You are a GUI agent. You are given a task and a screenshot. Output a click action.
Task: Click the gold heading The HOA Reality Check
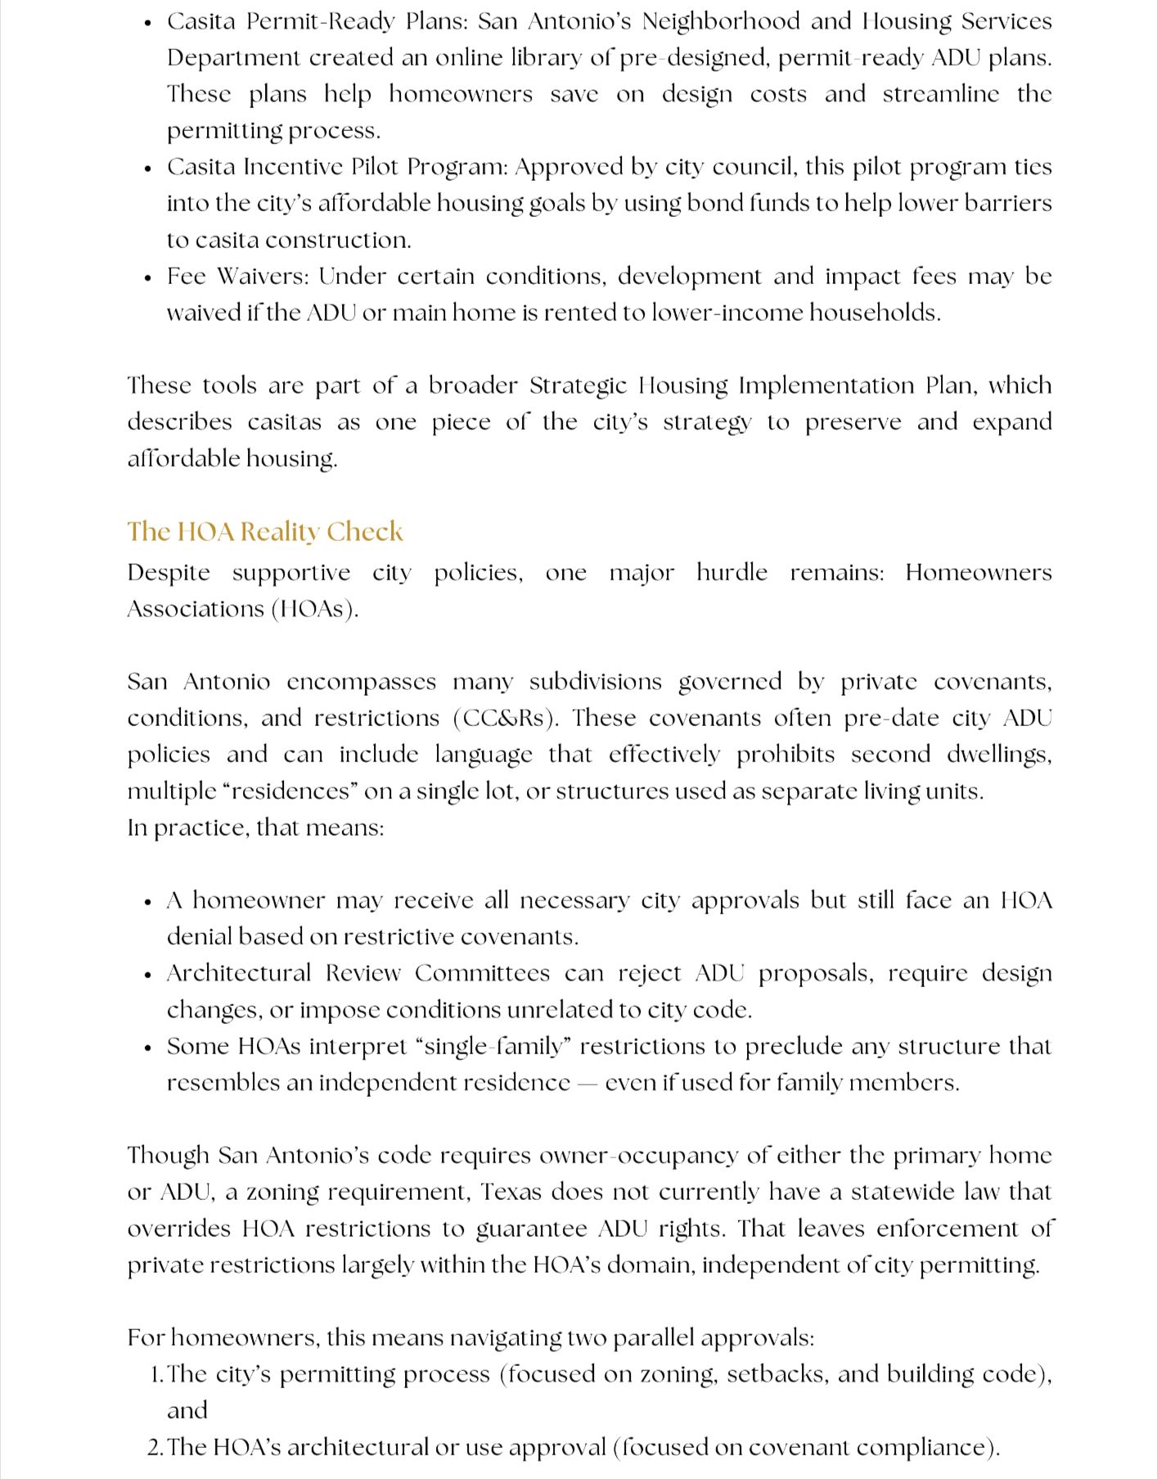(x=264, y=532)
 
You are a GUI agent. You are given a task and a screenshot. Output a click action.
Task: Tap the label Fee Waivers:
(x=238, y=276)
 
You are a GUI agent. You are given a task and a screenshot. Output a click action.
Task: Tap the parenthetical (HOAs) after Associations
(x=315, y=609)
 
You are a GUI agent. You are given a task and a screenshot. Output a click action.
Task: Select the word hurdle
(x=732, y=572)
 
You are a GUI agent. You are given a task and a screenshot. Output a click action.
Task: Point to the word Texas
(x=511, y=1192)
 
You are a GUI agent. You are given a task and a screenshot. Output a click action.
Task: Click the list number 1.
(x=157, y=1374)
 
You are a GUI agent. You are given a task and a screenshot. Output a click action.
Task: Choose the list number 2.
(x=156, y=1448)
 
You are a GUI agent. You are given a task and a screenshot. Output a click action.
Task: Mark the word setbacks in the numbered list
(x=777, y=1374)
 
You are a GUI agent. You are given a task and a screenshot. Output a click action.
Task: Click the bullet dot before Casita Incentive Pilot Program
(x=147, y=169)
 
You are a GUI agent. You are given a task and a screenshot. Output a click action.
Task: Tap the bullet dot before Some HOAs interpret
(x=147, y=1048)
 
